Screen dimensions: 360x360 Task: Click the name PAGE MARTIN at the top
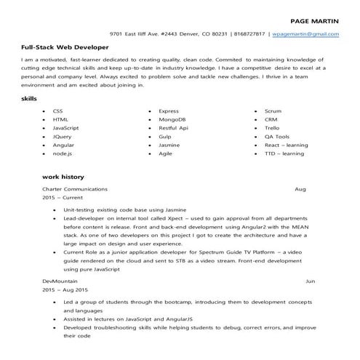pyautogui.click(x=313, y=22)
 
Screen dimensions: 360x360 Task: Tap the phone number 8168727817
pyautogui.click(x=249, y=34)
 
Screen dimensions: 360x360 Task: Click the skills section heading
pyautogui.click(x=30, y=98)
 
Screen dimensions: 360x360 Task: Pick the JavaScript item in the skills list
pyautogui.click(x=66, y=127)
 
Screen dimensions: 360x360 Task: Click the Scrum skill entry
pyautogui.click(x=273, y=111)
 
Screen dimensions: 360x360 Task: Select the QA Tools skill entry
pyautogui.click(x=276, y=136)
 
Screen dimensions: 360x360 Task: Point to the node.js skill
pyautogui.click(x=62, y=153)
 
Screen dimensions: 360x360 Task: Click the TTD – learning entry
pyautogui.click(x=284, y=153)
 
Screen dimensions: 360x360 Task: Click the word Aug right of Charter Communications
pyautogui.click(x=300, y=188)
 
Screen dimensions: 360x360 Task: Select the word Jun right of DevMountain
pyautogui.click(x=311, y=280)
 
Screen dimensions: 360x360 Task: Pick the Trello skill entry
pyautogui.click(x=272, y=127)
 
